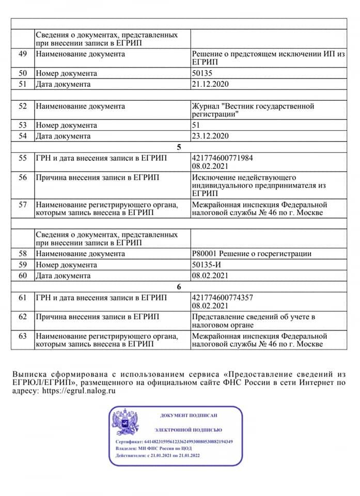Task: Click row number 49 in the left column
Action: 22,54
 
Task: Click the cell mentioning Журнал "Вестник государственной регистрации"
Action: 253,110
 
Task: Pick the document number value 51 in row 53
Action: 196,125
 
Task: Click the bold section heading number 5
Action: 179,147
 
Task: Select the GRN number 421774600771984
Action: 222,158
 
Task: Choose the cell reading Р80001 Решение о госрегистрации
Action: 252,254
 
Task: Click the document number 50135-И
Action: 206,265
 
